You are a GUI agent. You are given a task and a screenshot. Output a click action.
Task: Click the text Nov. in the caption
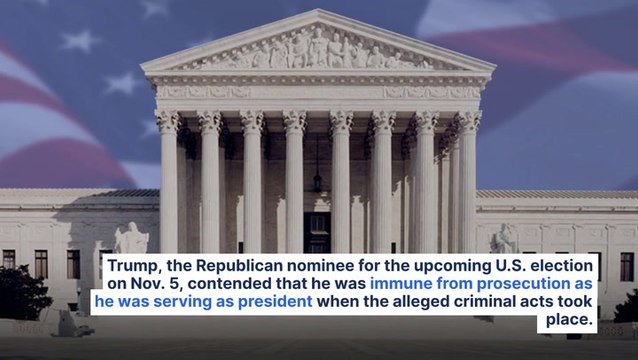point(137,285)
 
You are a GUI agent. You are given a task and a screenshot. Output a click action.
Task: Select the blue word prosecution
point(517,285)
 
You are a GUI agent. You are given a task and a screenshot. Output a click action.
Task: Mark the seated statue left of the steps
point(132,239)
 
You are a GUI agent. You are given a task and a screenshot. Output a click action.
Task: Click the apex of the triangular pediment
point(317,12)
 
